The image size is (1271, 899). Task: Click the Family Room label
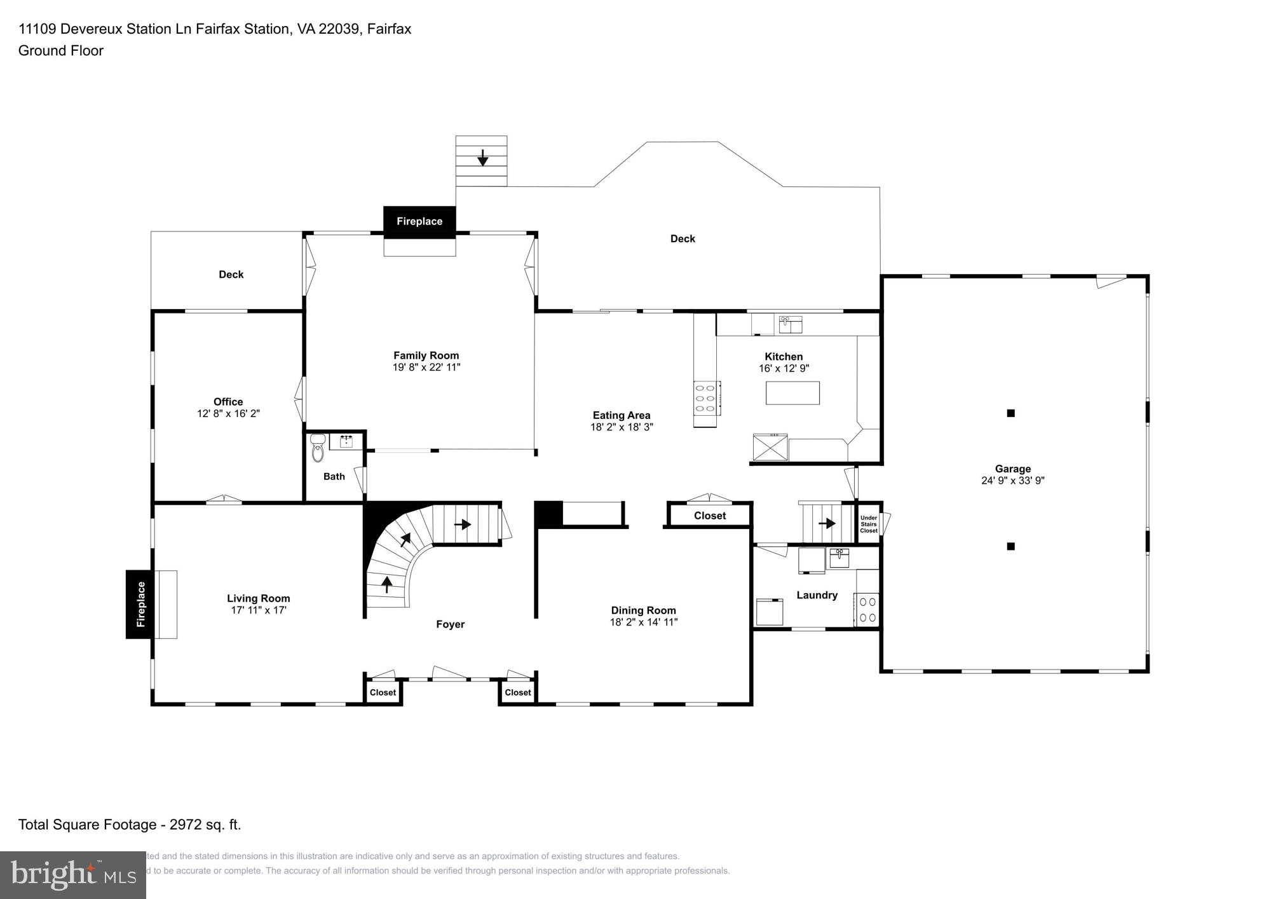(x=426, y=355)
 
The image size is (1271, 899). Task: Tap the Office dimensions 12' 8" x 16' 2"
(x=228, y=413)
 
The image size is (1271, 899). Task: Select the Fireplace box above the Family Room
(x=419, y=221)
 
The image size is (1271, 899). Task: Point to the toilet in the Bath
(x=318, y=448)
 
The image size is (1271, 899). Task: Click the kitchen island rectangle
(x=792, y=393)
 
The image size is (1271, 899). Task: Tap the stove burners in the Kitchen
(x=706, y=397)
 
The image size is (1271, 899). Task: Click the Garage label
(x=1013, y=469)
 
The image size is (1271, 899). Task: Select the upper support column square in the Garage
(x=1010, y=413)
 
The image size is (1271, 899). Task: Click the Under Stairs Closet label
(x=869, y=524)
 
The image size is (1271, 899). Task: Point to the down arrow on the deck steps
(x=482, y=156)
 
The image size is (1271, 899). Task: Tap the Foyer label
(x=450, y=624)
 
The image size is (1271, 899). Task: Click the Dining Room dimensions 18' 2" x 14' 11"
(x=644, y=622)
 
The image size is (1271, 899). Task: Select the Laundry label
(x=817, y=595)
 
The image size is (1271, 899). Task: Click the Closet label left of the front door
(x=383, y=692)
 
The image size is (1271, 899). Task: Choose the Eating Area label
(x=622, y=415)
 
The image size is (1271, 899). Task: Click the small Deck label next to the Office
(x=231, y=274)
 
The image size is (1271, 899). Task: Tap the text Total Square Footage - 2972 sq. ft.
(x=130, y=825)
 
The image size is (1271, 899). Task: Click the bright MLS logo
(x=73, y=875)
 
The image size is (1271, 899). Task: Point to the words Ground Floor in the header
(x=61, y=51)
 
